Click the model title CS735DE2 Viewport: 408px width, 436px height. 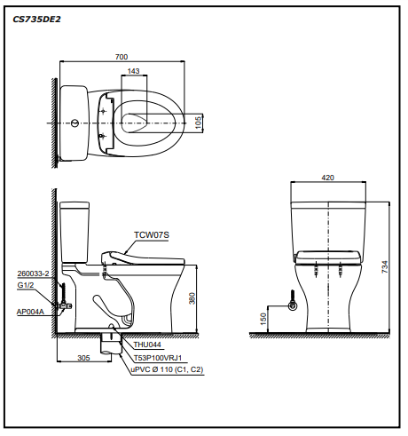pos(36,20)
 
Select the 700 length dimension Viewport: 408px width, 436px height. pos(122,57)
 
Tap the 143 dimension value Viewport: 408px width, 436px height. pos(133,71)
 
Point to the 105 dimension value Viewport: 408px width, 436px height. pos(199,123)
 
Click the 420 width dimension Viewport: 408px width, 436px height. pos(327,178)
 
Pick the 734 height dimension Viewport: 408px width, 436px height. pos(385,266)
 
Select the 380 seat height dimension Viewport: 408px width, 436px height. pos(192,298)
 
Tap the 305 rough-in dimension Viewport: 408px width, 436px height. pos(83,358)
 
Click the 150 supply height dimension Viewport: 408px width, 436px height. pos(263,319)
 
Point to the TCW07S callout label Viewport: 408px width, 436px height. pos(152,235)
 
